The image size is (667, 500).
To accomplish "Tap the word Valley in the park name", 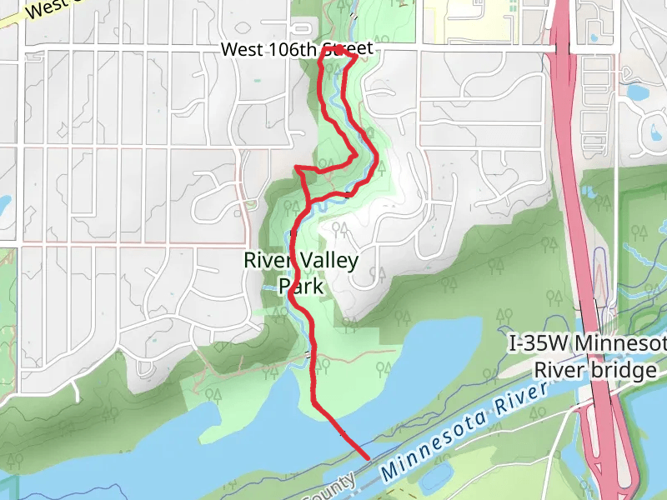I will tap(328, 261).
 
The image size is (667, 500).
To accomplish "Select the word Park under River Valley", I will tap(300, 287).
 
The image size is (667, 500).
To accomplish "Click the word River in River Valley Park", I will tap(266, 261).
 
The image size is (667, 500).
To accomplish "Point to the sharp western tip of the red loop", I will tap(298, 168).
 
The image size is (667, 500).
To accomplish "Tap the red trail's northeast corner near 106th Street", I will tap(356, 57).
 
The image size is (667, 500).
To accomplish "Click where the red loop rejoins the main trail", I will tap(309, 202).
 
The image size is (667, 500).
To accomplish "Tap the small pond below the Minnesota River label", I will tap(434, 479).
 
